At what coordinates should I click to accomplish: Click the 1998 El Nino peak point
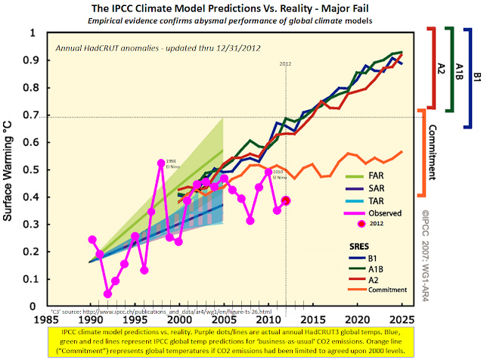pos(161,163)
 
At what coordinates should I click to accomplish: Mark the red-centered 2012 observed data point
pos(286,200)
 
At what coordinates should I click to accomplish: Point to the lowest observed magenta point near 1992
pos(107,293)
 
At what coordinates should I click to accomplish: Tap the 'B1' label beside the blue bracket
pos(475,76)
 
